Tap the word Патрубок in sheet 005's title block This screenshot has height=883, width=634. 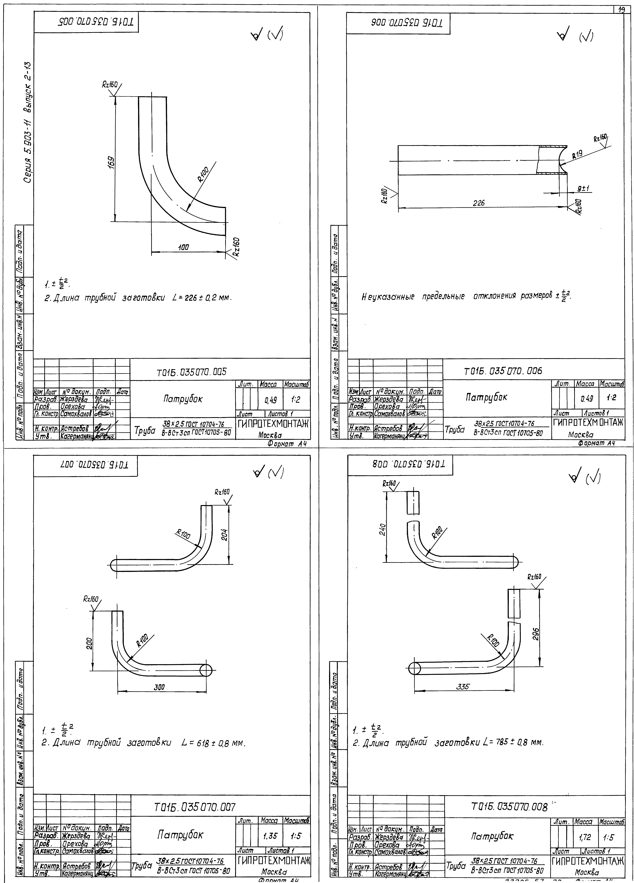(183, 399)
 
